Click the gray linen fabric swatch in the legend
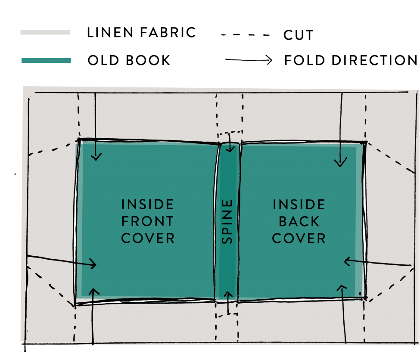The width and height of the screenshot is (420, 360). tap(45, 32)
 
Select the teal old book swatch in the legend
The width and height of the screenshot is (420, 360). tap(46, 61)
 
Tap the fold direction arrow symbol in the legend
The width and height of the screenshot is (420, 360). tap(249, 61)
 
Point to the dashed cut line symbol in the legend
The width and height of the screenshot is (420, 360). tap(246, 34)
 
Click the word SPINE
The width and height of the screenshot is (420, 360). tap(227, 221)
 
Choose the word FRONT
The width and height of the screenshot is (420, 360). tap(147, 221)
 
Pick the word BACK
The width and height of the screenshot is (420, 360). tap(299, 221)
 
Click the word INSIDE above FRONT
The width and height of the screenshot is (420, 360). tap(147, 204)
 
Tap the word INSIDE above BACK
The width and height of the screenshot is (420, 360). tap(299, 204)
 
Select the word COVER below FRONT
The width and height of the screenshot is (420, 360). tap(147, 238)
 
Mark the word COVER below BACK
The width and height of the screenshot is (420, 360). tap(299, 238)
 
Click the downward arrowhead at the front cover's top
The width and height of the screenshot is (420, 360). tap(96, 157)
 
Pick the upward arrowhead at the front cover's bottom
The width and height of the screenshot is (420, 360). tap(93, 291)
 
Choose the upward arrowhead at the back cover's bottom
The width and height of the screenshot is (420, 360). tap(342, 288)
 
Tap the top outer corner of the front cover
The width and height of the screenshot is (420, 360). tap(79, 140)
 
